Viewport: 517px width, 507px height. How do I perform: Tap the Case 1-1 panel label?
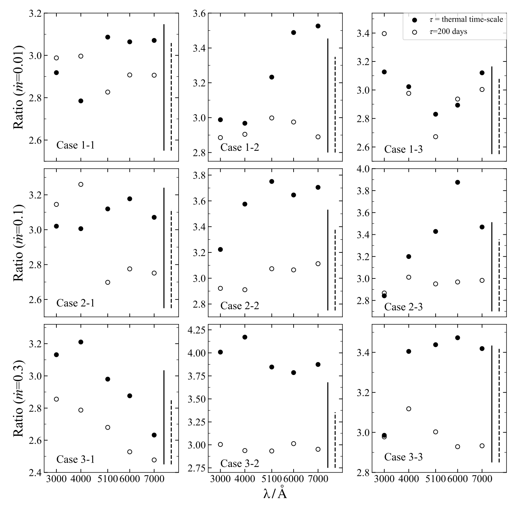click(x=76, y=145)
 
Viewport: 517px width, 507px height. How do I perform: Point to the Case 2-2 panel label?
click(x=240, y=306)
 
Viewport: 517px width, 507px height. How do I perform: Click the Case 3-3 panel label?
click(x=403, y=457)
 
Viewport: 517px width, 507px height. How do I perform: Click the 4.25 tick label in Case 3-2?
click(x=196, y=330)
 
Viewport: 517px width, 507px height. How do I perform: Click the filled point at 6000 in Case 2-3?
click(x=457, y=182)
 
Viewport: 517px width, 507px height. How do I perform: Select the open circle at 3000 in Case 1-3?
click(x=384, y=34)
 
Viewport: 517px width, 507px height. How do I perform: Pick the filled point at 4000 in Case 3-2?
click(x=245, y=337)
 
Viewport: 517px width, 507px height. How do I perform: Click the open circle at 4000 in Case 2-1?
click(x=81, y=184)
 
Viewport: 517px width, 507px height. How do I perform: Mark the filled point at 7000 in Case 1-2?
click(x=318, y=26)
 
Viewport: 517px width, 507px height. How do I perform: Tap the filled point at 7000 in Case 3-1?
click(x=154, y=435)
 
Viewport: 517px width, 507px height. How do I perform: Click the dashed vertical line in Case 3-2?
click(x=335, y=440)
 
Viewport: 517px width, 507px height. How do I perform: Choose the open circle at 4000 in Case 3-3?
click(x=409, y=409)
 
